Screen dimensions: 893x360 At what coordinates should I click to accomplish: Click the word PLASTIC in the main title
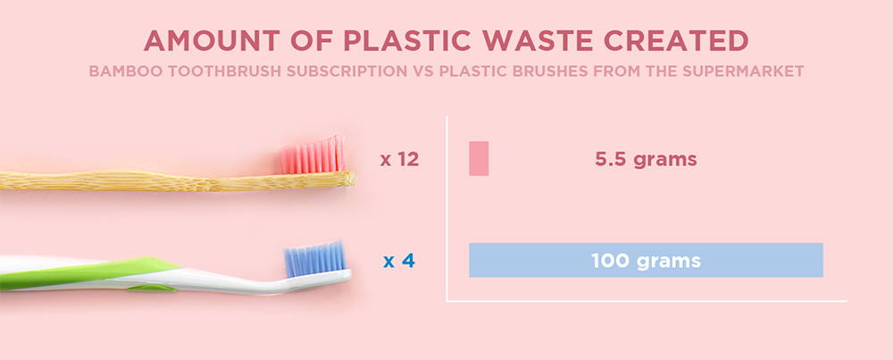(x=407, y=40)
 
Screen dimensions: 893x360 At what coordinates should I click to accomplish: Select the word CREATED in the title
(x=676, y=40)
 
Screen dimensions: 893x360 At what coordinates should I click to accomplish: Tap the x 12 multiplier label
(x=400, y=160)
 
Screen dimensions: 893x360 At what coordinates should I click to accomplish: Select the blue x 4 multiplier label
(x=399, y=261)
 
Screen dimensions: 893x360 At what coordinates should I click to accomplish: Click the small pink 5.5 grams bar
(x=479, y=158)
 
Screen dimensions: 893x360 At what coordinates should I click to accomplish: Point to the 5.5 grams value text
(x=646, y=160)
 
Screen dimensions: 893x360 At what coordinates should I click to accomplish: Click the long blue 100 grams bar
(x=646, y=260)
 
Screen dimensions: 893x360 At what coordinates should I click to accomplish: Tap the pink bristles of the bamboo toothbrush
(x=313, y=155)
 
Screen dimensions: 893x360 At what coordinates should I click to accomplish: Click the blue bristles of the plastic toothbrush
(x=315, y=259)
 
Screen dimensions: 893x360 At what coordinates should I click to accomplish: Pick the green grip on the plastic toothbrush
(x=86, y=272)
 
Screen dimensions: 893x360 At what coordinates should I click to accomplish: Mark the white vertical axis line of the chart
(x=447, y=208)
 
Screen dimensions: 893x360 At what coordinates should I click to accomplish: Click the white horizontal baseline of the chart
(x=647, y=301)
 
